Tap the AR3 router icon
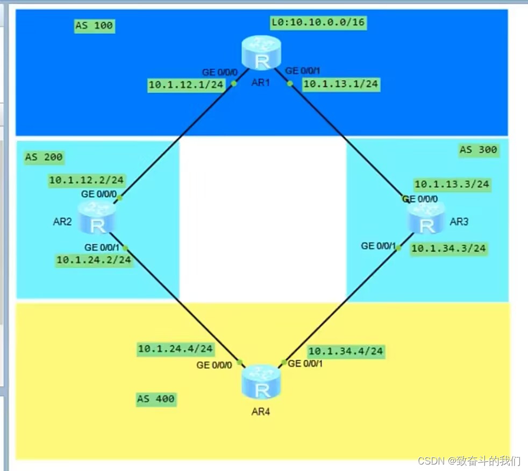[427, 219]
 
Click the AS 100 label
[95, 26]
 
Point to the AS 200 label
[44, 158]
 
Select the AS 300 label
[478, 150]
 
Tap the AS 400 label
[156, 399]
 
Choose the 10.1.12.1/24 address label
[186, 84]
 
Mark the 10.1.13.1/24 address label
[341, 84]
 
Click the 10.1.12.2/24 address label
[87, 180]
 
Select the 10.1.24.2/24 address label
[94, 260]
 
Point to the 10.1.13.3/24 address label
[452, 184]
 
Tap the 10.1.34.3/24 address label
[448, 248]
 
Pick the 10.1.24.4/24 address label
[175, 349]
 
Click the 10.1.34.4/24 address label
[345, 352]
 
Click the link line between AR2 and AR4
[177, 301]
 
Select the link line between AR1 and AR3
[344, 137]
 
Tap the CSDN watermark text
[469, 461]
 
